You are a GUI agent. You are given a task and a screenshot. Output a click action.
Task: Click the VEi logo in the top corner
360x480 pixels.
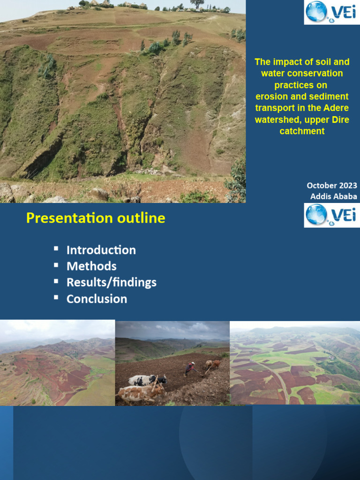coord(331,12)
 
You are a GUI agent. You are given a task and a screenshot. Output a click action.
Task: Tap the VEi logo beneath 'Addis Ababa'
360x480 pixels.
coord(331,215)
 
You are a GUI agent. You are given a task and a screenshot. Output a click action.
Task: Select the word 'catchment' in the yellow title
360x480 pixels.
coord(302,131)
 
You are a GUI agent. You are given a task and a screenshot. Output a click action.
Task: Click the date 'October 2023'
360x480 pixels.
coord(332,186)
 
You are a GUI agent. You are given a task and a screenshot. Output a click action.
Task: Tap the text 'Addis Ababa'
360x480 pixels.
coord(333,196)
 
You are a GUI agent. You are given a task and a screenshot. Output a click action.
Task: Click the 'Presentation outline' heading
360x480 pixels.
coord(96,218)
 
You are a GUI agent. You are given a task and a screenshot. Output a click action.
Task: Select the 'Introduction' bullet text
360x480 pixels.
coord(101,250)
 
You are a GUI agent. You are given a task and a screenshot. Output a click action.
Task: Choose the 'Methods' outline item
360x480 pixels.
coord(91,266)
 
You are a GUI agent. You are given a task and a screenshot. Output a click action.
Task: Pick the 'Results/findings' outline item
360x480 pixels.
coord(111,282)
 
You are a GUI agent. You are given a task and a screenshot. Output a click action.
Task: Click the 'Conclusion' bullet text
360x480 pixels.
coord(97,299)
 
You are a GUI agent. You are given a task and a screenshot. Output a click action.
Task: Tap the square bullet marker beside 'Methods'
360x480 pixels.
coord(56,265)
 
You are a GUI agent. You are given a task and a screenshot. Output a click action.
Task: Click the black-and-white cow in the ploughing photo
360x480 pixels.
coord(146,380)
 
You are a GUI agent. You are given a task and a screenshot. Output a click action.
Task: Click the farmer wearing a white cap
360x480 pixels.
coord(190,369)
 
